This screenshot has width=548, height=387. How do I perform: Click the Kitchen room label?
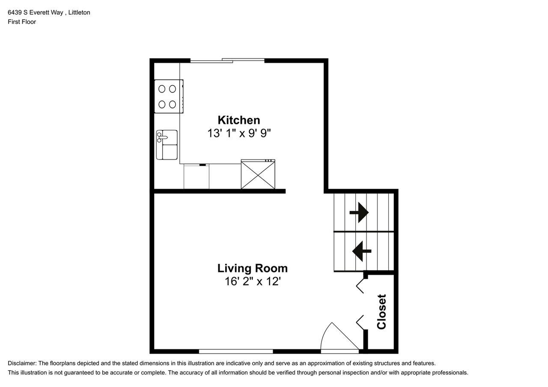(238, 120)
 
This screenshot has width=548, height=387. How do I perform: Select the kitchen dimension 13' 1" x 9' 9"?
(239, 133)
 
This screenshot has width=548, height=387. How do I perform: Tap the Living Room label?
(252, 268)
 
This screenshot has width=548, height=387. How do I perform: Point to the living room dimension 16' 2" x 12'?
(252, 281)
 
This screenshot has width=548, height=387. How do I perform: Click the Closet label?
(381, 311)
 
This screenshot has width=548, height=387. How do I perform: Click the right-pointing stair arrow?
(359, 212)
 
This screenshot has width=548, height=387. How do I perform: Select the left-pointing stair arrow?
(362, 251)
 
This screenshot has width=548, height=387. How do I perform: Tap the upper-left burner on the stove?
(162, 89)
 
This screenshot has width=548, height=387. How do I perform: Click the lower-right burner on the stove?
(173, 104)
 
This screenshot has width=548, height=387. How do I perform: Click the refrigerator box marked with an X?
(258, 174)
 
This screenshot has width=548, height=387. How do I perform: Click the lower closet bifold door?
(360, 322)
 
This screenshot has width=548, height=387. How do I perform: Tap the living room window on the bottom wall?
(236, 352)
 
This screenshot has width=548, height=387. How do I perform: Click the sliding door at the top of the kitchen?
(227, 60)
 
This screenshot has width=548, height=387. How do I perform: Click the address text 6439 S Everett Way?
(35, 12)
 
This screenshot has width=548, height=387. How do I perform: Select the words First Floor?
(22, 22)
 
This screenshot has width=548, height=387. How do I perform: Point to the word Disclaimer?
(22, 363)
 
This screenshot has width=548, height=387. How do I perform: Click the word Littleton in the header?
(80, 12)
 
